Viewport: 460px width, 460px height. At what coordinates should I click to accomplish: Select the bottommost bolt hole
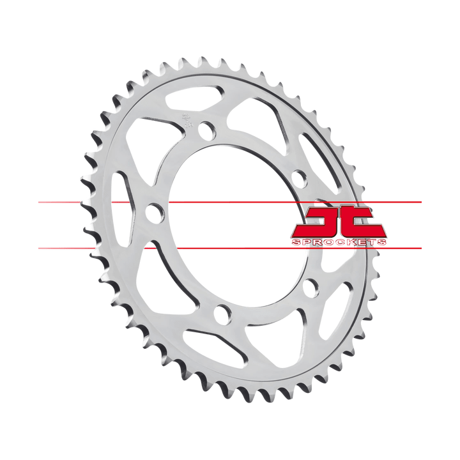point(222,314)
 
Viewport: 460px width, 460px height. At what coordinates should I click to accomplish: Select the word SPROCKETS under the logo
point(339,243)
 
